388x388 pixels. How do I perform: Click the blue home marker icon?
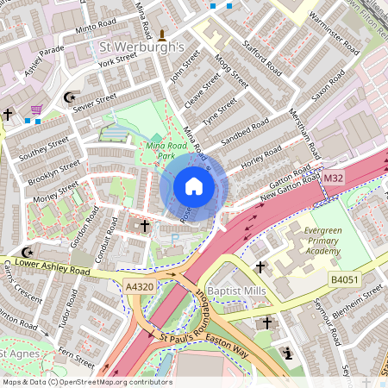194,186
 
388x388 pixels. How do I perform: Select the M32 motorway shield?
333,178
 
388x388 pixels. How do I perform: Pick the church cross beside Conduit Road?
144,226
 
